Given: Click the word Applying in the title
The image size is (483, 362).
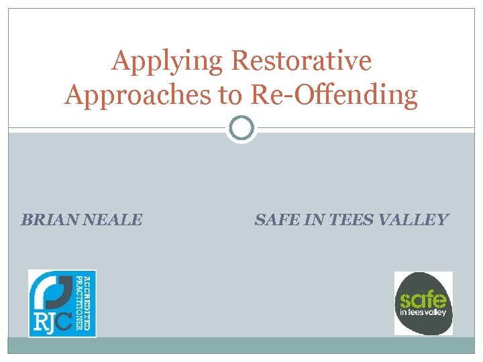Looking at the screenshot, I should [x=167, y=61].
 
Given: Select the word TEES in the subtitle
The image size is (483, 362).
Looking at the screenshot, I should [x=355, y=219].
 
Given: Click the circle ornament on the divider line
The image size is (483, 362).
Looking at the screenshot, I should [x=241, y=127].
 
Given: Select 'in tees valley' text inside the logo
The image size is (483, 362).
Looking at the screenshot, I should [x=423, y=312].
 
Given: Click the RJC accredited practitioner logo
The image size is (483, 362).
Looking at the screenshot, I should [x=62, y=303].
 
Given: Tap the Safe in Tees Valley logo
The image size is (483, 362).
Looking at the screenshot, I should [x=423, y=303].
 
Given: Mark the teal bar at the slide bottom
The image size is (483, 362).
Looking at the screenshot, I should [x=241, y=345].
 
